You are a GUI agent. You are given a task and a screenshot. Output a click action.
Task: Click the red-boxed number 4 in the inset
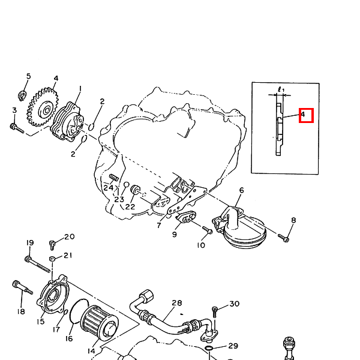click(x=303, y=115)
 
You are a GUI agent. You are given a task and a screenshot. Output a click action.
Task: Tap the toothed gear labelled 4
click(x=43, y=107)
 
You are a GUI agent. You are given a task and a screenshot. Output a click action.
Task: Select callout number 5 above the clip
click(x=28, y=76)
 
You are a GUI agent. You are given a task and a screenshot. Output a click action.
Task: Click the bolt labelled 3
click(x=17, y=128)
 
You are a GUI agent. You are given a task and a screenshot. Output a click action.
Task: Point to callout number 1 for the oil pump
click(x=80, y=89)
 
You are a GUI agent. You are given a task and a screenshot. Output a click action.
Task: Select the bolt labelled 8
click(x=283, y=238)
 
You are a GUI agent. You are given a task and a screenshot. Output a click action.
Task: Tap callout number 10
click(x=201, y=245)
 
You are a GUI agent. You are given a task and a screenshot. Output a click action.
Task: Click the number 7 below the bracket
click(x=159, y=226)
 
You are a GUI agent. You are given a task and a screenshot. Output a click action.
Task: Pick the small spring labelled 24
click(x=113, y=177)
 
